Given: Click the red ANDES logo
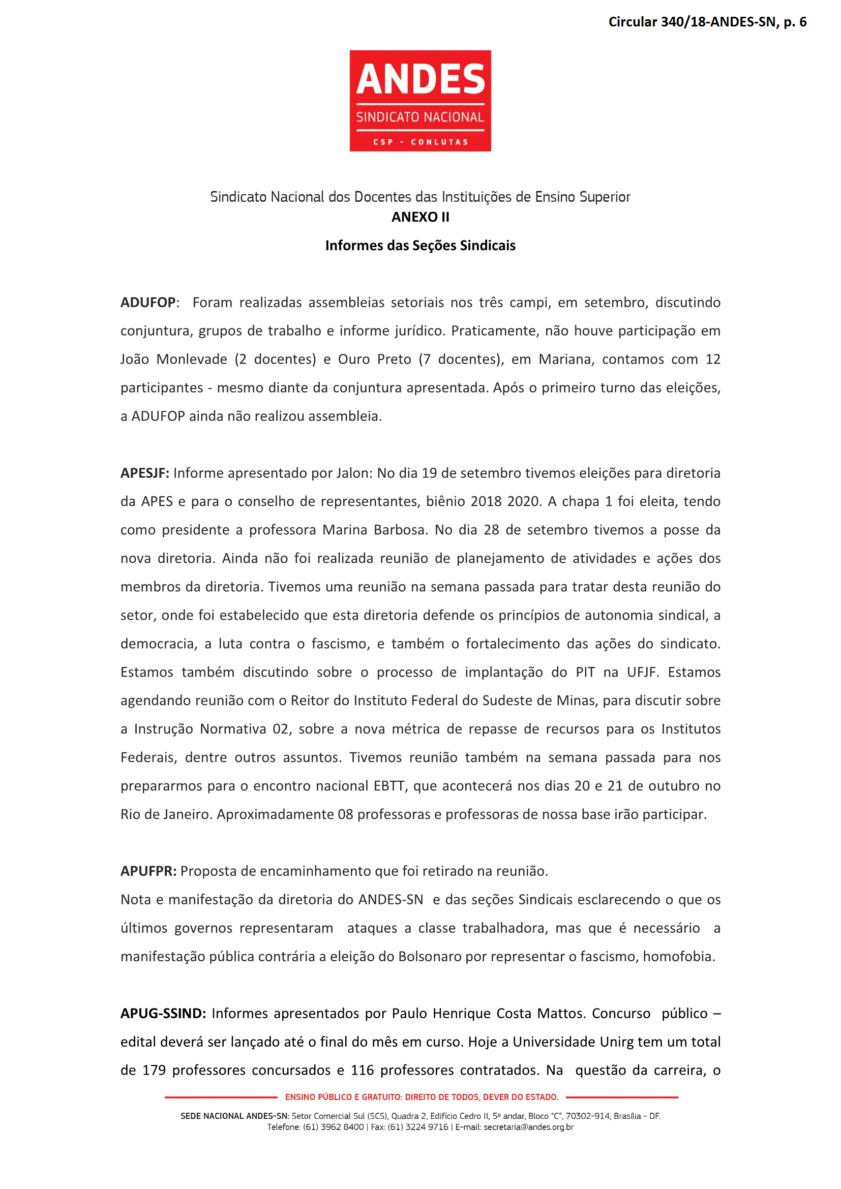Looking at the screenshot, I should (420, 101).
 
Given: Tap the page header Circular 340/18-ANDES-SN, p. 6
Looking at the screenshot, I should (707, 22).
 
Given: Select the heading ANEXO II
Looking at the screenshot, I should (420, 217).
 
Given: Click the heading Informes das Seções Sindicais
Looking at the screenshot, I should (420, 246).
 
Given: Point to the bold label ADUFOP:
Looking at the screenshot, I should (149, 302).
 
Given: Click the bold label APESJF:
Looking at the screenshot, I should (145, 473).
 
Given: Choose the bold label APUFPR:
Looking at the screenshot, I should (148, 871).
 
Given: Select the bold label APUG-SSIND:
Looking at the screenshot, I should (164, 1014).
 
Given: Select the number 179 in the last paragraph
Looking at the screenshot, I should (154, 1071).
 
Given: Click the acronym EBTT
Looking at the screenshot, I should (388, 785).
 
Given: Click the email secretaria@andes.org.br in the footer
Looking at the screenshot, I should (528, 1127).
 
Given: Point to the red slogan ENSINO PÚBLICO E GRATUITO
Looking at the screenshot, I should (422, 1097).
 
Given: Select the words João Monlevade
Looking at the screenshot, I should (173, 359).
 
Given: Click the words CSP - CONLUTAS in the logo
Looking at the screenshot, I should (420, 142).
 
